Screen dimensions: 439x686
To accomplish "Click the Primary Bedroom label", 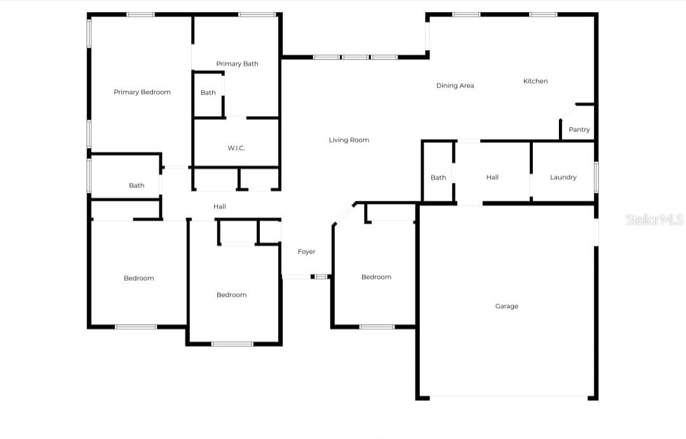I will tap(142, 92).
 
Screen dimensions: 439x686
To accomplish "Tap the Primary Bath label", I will tap(237, 64).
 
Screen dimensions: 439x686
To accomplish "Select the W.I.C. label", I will tap(236, 148).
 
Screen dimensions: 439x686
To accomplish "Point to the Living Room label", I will tap(349, 140).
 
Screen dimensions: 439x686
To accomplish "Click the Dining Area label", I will tap(455, 86).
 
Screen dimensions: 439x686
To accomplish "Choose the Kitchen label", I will tap(535, 81).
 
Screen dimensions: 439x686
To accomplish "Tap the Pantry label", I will tap(579, 130).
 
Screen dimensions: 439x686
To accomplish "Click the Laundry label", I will tap(563, 177).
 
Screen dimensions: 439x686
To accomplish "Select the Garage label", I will tap(506, 306).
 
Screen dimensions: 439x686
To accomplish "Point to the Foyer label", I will tap(307, 252).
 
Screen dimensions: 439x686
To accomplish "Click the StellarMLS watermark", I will tap(654, 220).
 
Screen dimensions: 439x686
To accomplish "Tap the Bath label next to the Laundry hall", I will tap(438, 178).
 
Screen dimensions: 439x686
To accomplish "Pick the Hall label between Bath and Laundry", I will tap(492, 177).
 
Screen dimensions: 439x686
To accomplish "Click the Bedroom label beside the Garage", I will tap(376, 277).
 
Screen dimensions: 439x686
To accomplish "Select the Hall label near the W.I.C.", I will tap(220, 206).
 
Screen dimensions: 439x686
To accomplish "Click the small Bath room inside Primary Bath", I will tap(208, 93).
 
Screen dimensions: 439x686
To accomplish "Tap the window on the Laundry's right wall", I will tap(596, 176).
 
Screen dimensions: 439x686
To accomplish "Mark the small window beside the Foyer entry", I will tap(321, 276).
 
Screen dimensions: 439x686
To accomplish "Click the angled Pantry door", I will tap(567, 111).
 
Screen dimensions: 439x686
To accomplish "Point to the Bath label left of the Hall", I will tap(137, 186).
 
